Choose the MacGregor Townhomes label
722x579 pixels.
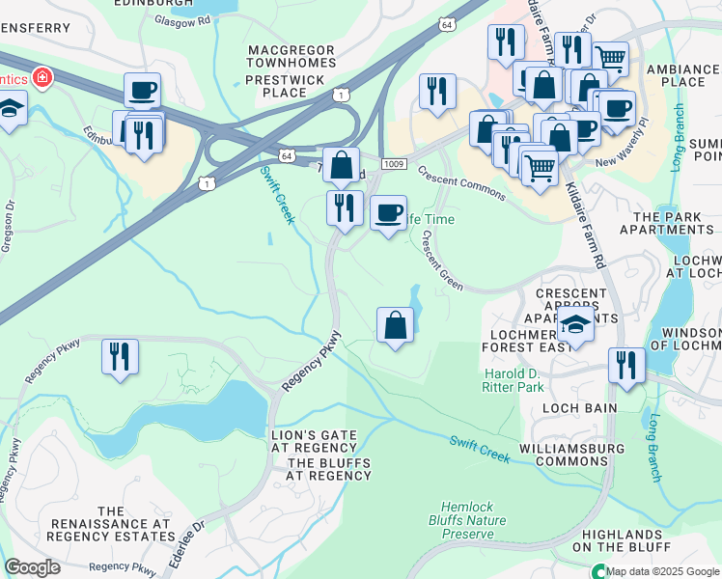pos(291,56)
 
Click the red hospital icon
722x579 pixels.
pos(42,76)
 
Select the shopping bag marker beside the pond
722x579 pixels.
pos(395,326)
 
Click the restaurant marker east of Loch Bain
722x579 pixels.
pos(626,366)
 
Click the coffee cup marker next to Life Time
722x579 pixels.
pos(388,212)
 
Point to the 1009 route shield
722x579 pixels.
pos(393,165)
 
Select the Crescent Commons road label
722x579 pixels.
pos(460,183)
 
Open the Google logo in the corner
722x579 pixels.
pos(32,567)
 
